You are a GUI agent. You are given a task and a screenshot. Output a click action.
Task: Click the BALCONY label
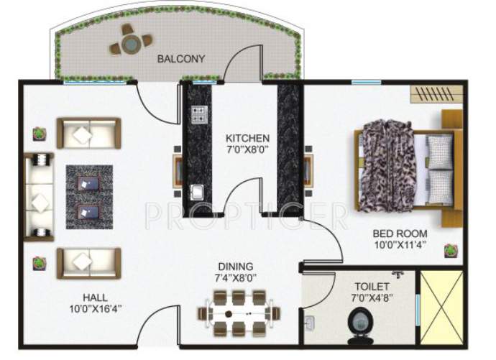point(181,59)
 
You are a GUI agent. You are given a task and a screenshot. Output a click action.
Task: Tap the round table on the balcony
point(130,45)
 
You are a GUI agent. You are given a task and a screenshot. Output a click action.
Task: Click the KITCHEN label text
point(247,138)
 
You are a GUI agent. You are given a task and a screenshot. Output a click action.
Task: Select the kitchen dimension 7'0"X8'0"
point(247,150)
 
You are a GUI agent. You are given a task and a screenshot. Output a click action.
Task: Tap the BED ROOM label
point(400,234)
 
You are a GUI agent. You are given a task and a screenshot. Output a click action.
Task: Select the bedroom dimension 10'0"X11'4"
point(400,246)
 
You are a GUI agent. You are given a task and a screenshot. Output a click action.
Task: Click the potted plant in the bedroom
point(451,250)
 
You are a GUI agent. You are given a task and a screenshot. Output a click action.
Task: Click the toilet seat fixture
point(357,323)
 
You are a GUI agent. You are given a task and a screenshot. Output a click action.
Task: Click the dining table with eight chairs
point(238,314)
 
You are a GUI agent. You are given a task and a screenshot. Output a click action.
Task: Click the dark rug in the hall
point(89,198)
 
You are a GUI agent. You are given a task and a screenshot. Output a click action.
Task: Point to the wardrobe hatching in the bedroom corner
point(434,94)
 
